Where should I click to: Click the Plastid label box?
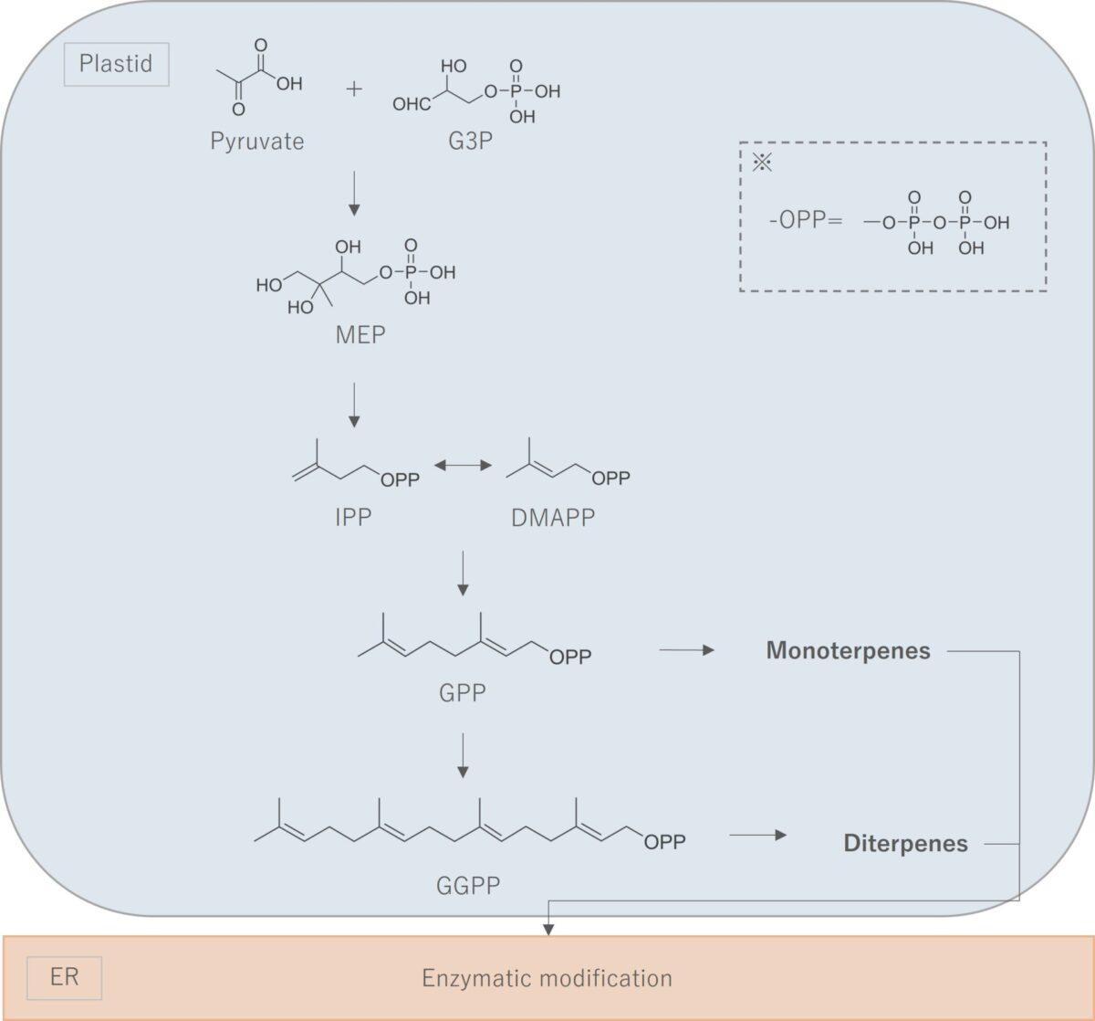coord(116,65)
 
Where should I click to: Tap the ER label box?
coord(64,977)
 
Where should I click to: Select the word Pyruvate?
coord(257,142)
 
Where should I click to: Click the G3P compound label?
coord(470,142)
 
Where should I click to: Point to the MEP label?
coord(360,335)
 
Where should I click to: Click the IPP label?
coord(353,517)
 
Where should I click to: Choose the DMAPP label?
coord(552,517)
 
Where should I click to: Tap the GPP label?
coord(462,693)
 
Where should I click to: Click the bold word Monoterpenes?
coord(849,651)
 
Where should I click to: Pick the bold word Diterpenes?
coord(905,843)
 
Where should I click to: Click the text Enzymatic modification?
coord(547,979)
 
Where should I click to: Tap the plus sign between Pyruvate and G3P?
coord(354,89)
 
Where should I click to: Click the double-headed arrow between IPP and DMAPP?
coord(462,466)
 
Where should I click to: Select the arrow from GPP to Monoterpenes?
coord(685,650)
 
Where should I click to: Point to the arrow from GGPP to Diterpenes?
coord(757,835)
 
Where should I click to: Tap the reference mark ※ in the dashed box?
coord(761,164)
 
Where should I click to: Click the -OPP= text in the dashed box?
coord(805,222)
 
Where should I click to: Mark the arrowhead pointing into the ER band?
coord(548,928)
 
